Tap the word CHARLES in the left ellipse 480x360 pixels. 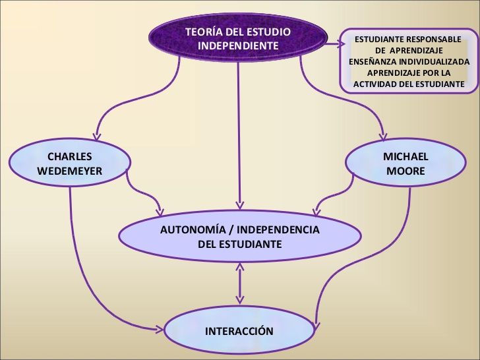pyautogui.click(x=69, y=156)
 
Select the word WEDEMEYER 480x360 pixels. pyautogui.click(x=69, y=171)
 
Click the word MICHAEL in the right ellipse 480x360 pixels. pyautogui.click(x=405, y=156)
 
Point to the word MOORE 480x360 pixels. pyautogui.click(x=405, y=171)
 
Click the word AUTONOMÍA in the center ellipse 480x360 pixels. pyautogui.click(x=193, y=229)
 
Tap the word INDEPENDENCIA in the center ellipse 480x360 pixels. pyautogui.click(x=278, y=229)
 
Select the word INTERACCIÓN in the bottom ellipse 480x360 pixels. pyautogui.click(x=239, y=331)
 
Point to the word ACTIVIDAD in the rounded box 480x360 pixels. pyautogui.click(x=373, y=84)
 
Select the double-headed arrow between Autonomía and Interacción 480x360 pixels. pyautogui.click(x=240, y=283)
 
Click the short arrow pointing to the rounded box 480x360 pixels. pyautogui.click(x=333, y=44)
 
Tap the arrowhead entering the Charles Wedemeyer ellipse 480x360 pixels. pyautogui.click(x=97, y=136)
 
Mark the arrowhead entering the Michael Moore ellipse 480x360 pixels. pyautogui.click(x=383, y=137)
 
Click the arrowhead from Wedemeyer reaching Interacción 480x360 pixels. pyautogui.click(x=160, y=330)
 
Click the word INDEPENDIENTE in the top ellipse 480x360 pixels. pyautogui.click(x=238, y=45)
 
